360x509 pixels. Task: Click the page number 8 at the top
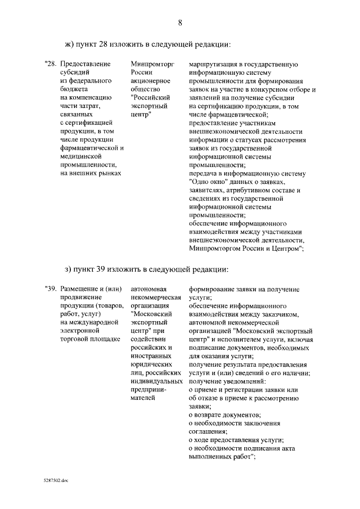pos(180,23)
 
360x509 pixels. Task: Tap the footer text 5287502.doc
pos(55,481)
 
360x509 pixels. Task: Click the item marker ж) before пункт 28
pos(71,44)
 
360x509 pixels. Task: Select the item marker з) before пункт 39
pos(71,268)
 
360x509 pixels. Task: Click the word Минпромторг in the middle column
pos(149,64)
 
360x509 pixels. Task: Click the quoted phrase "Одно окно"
pos(207,182)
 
